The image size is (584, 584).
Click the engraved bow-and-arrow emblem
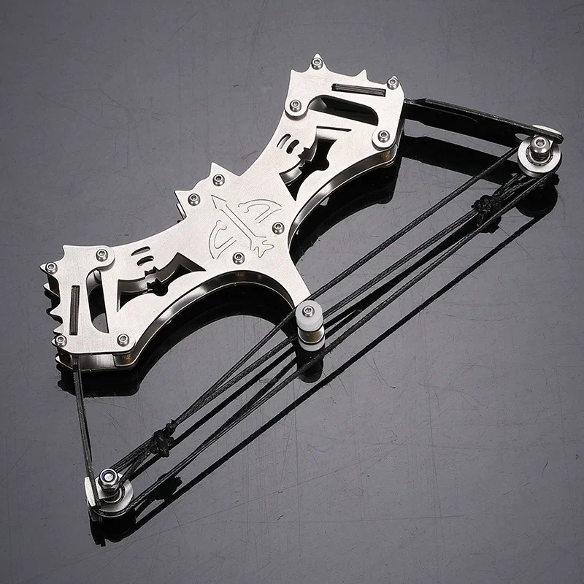point(238,222)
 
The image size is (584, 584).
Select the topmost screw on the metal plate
point(317,62)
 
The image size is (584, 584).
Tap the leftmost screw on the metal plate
point(51,268)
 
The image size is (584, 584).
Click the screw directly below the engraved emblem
point(239,257)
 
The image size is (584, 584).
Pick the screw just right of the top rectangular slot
point(393,83)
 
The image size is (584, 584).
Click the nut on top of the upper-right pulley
point(539,144)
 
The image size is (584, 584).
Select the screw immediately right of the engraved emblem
point(277,228)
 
